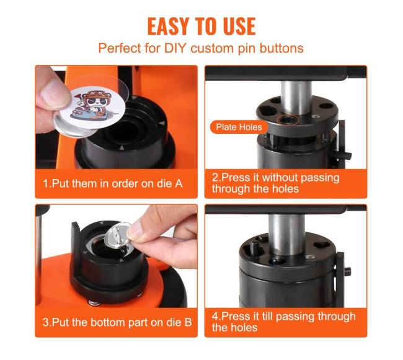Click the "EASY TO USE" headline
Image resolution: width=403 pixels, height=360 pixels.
(x=201, y=26)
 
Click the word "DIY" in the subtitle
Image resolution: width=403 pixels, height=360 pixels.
(x=175, y=48)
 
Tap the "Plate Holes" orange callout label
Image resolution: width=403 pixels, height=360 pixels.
(x=239, y=127)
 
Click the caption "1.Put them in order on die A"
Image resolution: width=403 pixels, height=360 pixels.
(x=113, y=183)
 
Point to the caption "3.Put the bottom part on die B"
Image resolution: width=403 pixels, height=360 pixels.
(x=117, y=322)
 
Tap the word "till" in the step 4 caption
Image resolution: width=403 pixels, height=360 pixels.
(x=267, y=317)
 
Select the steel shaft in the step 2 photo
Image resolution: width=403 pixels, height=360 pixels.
(x=296, y=97)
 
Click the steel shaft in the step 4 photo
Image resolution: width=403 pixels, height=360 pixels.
(x=287, y=234)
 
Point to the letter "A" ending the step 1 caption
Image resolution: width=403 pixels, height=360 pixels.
(x=179, y=183)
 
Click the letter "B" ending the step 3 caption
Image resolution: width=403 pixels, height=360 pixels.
(x=188, y=322)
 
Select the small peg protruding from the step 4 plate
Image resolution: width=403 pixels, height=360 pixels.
(x=254, y=248)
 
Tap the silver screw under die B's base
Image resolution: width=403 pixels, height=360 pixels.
(x=94, y=303)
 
